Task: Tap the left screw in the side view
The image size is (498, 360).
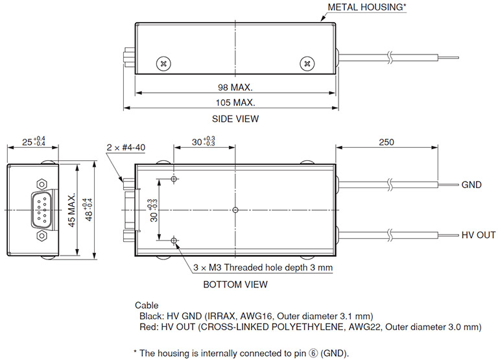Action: tap(163, 63)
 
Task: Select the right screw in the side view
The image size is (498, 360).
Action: tap(307, 63)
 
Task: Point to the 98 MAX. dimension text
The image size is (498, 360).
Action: tap(235, 87)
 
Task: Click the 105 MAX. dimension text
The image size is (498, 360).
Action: tap(235, 102)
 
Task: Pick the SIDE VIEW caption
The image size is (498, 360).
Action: tap(235, 119)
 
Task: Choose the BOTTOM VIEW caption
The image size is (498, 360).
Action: tap(235, 284)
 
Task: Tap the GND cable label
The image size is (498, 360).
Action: tap(471, 185)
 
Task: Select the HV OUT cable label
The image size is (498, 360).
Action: tap(478, 235)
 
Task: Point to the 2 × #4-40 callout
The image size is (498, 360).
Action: tap(126, 147)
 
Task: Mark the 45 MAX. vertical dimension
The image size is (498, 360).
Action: tap(73, 210)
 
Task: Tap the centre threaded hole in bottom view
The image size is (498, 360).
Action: tap(235, 210)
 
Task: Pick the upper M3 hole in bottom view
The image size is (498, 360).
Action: tap(174, 178)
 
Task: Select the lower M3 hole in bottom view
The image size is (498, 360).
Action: tap(174, 241)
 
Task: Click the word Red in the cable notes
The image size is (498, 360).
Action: tap(148, 326)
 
